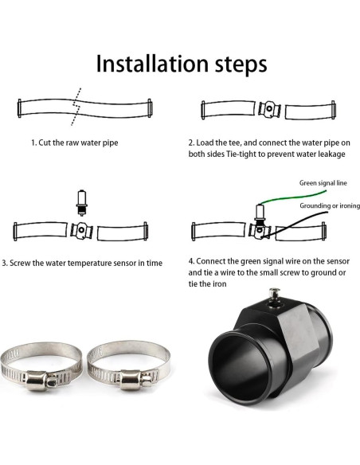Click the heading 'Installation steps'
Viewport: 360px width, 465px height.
tap(181, 64)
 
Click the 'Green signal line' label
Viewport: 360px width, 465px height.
tap(323, 182)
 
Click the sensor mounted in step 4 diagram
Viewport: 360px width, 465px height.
tap(259, 213)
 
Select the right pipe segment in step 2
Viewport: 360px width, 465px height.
tap(309, 109)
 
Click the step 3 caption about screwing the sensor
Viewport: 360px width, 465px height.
tap(82, 262)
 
